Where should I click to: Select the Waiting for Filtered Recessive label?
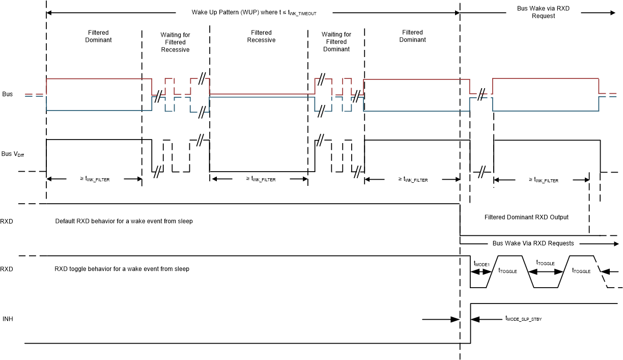tap(175, 42)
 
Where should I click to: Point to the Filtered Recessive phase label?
tap(261, 36)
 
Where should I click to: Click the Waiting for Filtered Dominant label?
tap(336, 42)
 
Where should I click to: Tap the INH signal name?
tap(8, 319)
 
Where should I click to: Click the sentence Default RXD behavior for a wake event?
tap(124, 221)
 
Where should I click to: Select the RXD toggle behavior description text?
tap(122, 269)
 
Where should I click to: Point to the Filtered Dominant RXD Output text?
tap(526, 217)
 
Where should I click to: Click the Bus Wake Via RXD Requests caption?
tap(533, 243)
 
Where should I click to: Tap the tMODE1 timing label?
tap(481, 264)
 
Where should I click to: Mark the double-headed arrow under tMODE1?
tap(480, 272)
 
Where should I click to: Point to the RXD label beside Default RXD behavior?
tap(7, 221)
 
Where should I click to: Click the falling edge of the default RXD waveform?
tap(460, 220)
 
